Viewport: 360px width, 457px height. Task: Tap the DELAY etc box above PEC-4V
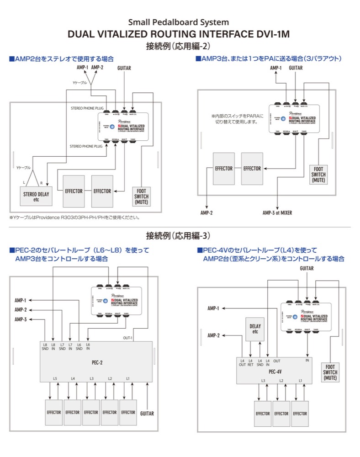click(x=255, y=329)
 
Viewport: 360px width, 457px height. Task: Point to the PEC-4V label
click(x=275, y=372)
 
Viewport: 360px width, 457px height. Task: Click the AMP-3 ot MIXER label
click(x=277, y=213)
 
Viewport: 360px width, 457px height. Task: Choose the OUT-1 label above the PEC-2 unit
click(x=127, y=338)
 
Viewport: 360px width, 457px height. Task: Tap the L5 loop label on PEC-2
click(x=55, y=378)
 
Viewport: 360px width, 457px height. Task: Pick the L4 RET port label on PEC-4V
click(x=250, y=362)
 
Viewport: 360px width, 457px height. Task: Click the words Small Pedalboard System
click(x=179, y=22)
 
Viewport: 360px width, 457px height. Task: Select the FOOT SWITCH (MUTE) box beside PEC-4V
click(x=330, y=372)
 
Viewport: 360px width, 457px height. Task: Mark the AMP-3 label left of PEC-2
click(x=20, y=319)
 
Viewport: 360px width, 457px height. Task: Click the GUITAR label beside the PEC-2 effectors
click(x=147, y=413)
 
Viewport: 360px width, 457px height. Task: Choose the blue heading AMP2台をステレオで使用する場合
click(x=61, y=59)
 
